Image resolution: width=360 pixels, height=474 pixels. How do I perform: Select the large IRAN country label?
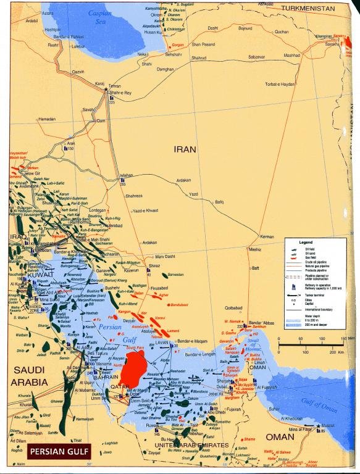tap(186, 149)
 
